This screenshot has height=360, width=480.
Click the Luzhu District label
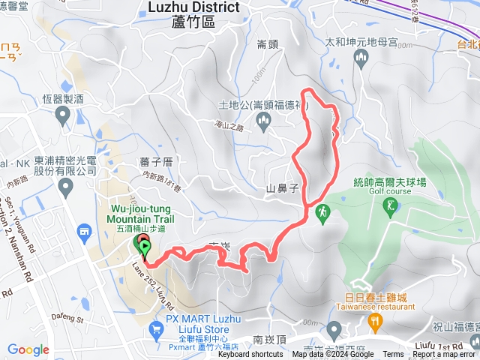point(193,7)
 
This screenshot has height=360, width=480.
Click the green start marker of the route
point(144,247)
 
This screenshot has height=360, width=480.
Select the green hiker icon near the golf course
point(323,212)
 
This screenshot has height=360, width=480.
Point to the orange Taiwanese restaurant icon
point(376,323)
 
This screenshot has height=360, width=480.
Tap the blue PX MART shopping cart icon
point(155,328)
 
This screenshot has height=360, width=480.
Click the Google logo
point(28,349)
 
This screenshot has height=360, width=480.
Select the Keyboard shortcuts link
point(251,355)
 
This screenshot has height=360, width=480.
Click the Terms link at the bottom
point(393,355)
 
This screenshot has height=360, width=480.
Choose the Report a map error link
point(444,355)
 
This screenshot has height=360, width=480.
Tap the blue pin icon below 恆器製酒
point(63,115)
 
